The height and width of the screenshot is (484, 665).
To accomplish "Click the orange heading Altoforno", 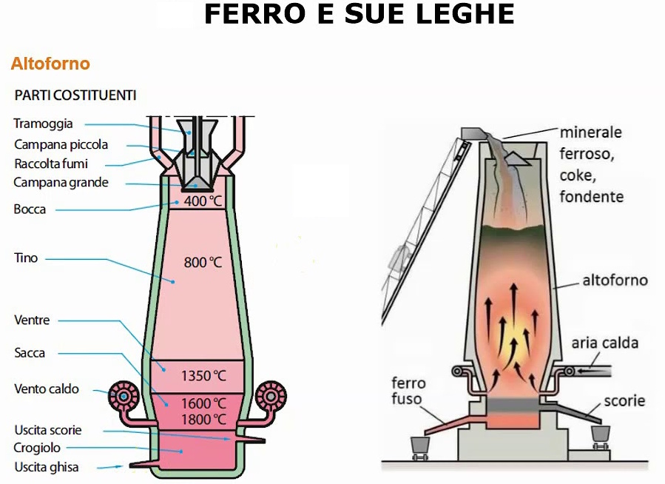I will [x=50, y=64].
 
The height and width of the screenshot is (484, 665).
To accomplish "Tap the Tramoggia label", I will [x=44, y=124].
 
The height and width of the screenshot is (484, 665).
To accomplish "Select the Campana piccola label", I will [x=61, y=144].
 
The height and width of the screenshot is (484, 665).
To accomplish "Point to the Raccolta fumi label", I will [x=51, y=164].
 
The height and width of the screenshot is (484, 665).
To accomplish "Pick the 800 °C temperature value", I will [x=203, y=262].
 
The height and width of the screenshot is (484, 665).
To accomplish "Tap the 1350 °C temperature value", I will [x=203, y=375].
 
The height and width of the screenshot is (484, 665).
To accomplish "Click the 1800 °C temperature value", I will [x=203, y=419].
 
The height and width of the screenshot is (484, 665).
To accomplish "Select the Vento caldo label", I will [x=47, y=389].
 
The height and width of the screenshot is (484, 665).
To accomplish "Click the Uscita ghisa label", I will [x=46, y=467].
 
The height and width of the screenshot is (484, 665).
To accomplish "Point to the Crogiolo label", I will [x=37, y=448].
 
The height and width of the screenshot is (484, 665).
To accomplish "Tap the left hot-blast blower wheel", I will [x=124, y=397].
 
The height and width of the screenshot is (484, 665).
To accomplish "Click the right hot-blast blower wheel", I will [x=271, y=397].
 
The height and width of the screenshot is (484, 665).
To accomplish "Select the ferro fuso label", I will [x=409, y=391].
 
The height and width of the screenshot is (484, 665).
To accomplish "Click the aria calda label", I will [x=604, y=343].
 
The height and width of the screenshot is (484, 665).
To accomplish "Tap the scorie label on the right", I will [x=624, y=401].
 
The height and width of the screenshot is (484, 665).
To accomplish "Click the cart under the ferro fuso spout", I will [x=421, y=445].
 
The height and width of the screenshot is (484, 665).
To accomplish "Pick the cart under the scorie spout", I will [x=600, y=433].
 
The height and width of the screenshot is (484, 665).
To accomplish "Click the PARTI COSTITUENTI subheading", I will [x=75, y=95].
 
